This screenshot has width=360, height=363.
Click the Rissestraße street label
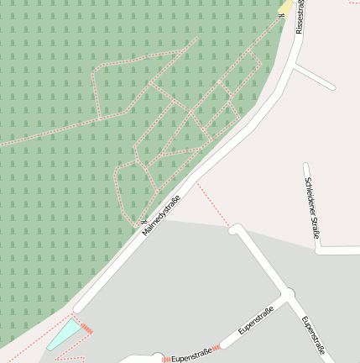coord(300,16)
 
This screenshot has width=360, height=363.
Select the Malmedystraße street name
coord(161,214)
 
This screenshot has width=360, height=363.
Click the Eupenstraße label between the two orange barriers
coord(190,355)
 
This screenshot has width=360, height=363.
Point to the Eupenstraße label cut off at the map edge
coord(312,335)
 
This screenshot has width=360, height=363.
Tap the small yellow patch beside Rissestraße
coord(287,8)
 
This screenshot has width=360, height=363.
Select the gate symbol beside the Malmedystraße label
coord(143,222)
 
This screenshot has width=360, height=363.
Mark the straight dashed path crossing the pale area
coord(213,203)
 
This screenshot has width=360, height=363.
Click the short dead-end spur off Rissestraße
coord(315,77)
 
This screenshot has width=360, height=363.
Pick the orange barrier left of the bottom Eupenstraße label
coord(166,359)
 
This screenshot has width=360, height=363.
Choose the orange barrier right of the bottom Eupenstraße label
coord(217,347)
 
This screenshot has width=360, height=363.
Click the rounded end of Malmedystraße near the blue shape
coord(78,307)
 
